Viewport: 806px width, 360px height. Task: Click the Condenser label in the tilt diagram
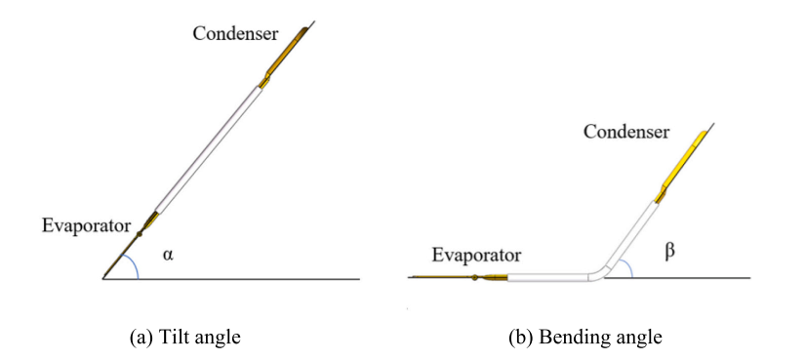point(235,34)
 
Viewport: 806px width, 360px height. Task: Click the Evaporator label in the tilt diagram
point(86,225)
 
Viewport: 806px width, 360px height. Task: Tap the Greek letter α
point(168,255)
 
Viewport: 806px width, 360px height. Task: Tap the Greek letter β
point(669,253)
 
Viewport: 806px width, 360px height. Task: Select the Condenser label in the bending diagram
point(626,132)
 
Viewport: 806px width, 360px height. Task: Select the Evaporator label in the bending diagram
point(476,255)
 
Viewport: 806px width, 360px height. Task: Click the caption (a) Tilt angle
point(186,338)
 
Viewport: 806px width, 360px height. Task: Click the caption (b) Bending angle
point(584,338)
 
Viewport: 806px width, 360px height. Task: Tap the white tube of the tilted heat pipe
point(208,150)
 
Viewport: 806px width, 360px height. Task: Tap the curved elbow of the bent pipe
point(600,271)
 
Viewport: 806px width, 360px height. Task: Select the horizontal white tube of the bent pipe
point(548,278)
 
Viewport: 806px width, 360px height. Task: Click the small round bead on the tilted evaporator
point(139,234)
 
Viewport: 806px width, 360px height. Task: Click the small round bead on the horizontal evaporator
point(475,278)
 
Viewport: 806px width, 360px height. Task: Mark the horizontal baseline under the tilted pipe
point(231,279)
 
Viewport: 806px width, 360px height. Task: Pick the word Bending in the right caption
point(569,338)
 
